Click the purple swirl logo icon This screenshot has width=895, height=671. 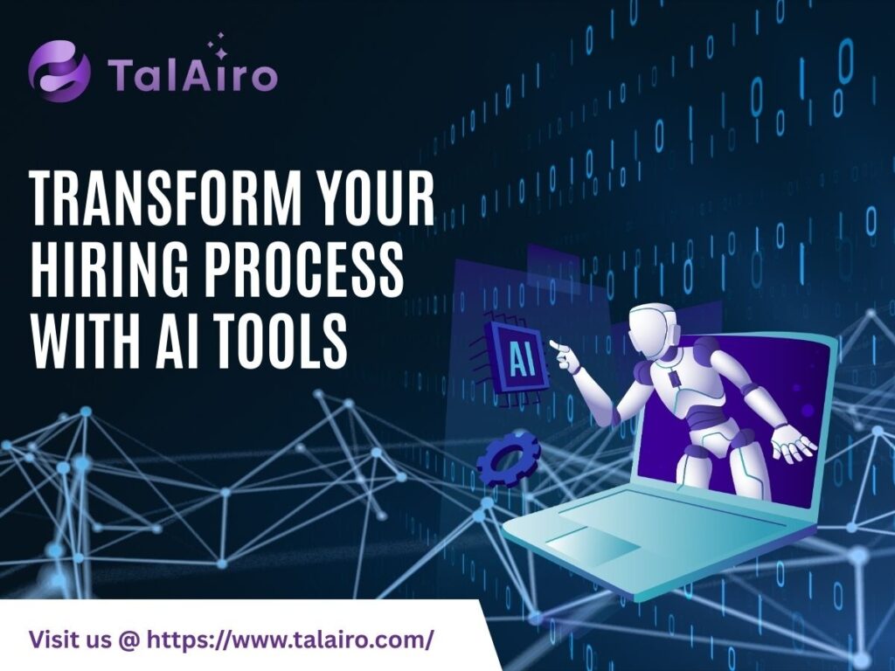tap(59, 71)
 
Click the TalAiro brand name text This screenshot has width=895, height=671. tap(192, 75)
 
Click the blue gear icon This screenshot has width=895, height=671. tap(508, 459)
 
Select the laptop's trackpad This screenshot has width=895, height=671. tap(593, 545)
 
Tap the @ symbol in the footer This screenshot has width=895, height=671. tap(128, 640)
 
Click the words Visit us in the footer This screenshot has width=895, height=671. tap(70, 639)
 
